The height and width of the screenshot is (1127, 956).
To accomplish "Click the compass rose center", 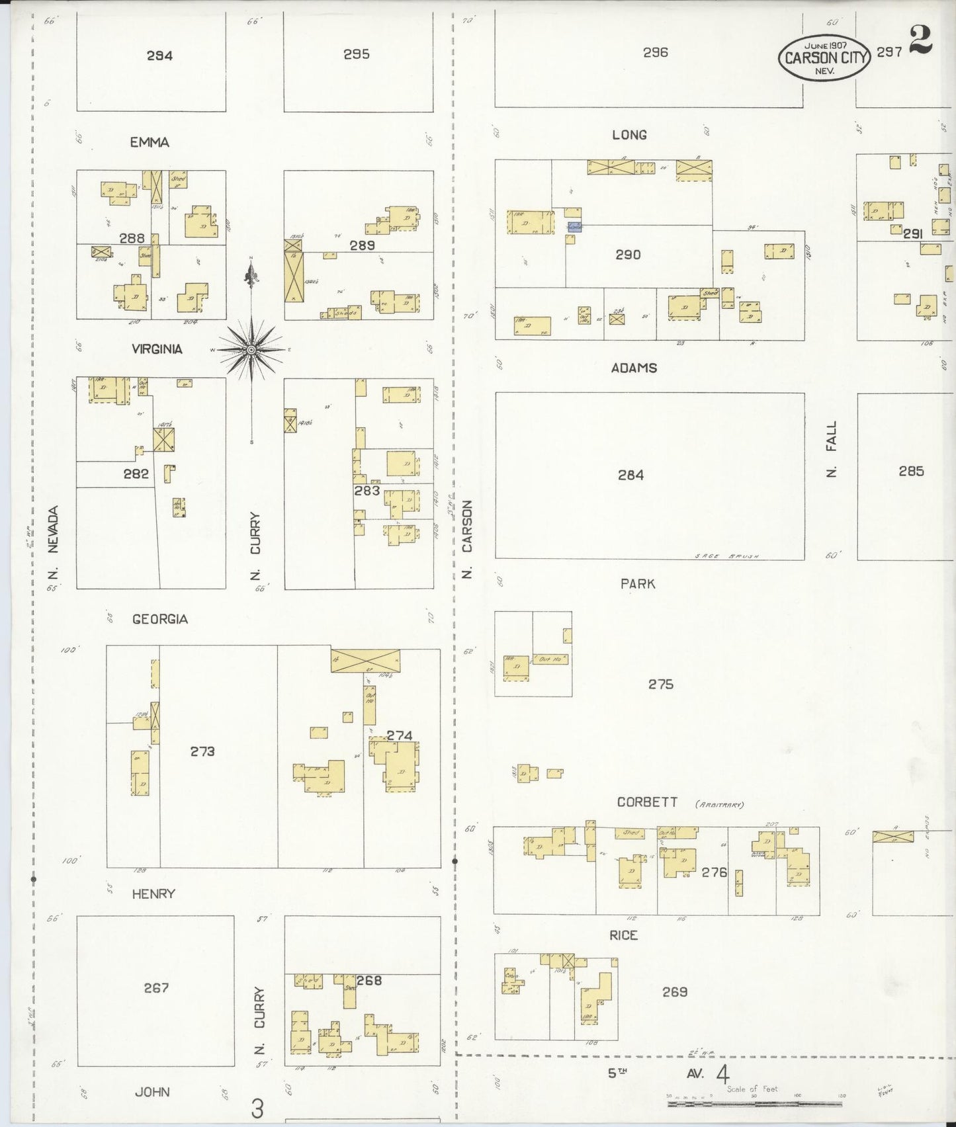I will (251, 349).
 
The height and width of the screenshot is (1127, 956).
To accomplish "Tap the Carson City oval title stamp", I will (824, 57).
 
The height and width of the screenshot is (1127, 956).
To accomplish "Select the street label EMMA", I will (150, 142).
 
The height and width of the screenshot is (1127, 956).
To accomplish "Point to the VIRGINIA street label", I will (156, 349).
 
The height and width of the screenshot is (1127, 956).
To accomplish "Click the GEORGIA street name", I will (159, 619).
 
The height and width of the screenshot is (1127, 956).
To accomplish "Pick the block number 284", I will (630, 475).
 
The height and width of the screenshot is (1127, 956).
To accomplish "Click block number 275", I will (660, 684).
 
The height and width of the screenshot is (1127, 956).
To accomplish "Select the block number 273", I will (202, 751).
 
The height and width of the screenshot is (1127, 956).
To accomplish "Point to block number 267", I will (157, 987).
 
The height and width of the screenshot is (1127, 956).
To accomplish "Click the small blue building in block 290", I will (574, 227).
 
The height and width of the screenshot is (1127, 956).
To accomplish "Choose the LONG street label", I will (629, 135).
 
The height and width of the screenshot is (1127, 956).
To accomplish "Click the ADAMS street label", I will (634, 368).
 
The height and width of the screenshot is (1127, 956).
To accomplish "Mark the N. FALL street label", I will (832, 449).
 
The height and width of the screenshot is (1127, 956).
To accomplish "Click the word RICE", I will (623, 935).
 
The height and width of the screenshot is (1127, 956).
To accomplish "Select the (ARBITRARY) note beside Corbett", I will (719, 805).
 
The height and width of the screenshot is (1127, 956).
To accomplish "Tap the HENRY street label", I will (153, 894).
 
